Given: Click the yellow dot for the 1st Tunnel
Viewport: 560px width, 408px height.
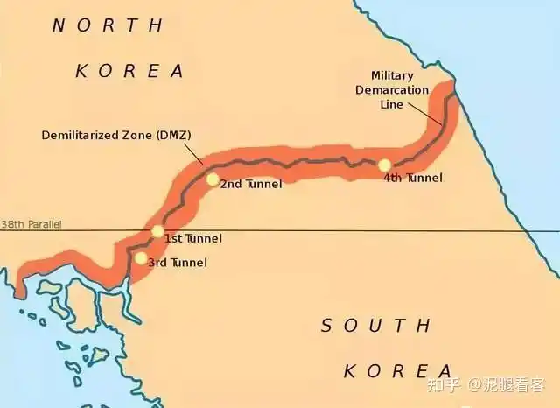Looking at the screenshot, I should pyautogui.click(x=157, y=231).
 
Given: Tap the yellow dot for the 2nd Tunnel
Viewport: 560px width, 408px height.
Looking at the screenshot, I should pyautogui.click(x=213, y=179).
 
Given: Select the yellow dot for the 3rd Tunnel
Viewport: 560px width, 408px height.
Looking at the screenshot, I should pyautogui.click(x=141, y=257).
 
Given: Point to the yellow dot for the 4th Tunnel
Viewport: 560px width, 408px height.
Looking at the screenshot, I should pyautogui.click(x=383, y=165).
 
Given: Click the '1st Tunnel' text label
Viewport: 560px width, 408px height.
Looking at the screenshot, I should pyautogui.click(x=193, y=238).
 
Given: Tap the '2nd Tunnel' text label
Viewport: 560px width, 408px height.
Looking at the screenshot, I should pyautogui.click(x=250, y=185).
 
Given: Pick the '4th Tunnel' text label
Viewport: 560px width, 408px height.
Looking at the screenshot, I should pyautogui.click(x=413, y=177).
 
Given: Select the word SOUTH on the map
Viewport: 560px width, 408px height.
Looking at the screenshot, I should pyautogui.click(x=375, y=326).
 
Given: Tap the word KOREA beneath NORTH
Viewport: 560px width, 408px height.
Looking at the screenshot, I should pyautogui.click(x=129, y=71).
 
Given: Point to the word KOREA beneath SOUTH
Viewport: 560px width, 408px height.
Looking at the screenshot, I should pyautogui.click(x=397, y=370).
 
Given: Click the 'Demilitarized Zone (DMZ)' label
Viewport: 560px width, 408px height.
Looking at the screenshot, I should pyautogui.click(x=116, y=135).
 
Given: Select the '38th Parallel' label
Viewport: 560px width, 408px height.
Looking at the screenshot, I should pyautogui.click(x=31, y=225).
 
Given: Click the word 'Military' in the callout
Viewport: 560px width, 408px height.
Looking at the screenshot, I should pyautogui.click(x=392, y=76).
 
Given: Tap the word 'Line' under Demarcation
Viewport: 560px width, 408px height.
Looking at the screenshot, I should pyautogui.click(x=393, y=104).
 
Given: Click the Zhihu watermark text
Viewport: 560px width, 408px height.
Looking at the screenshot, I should pyautogui.click(x=505, y=384).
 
